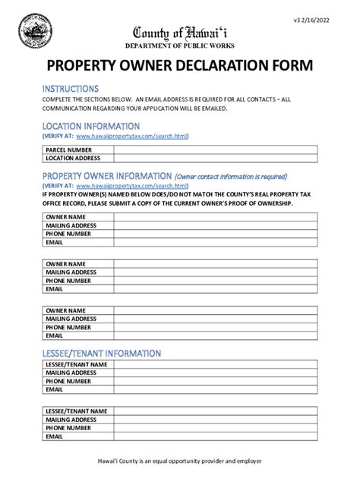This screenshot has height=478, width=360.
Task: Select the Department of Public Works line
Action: click(179, 45)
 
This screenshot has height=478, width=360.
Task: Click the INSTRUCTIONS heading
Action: click(70, 89)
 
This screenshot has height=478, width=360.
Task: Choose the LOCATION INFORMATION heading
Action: click(90, 126)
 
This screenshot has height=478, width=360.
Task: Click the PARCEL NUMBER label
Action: click(68, 150)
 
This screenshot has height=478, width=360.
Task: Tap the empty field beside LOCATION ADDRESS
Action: click(216, 159)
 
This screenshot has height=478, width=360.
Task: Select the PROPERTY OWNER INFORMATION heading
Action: click(107, 176)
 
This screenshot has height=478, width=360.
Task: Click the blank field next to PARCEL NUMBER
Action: click(216, 150)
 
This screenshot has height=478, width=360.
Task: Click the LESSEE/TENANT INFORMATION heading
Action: click(101, 354)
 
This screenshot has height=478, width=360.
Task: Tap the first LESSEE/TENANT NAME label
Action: click(76, 365)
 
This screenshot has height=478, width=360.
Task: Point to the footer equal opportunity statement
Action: click(179, 461)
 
